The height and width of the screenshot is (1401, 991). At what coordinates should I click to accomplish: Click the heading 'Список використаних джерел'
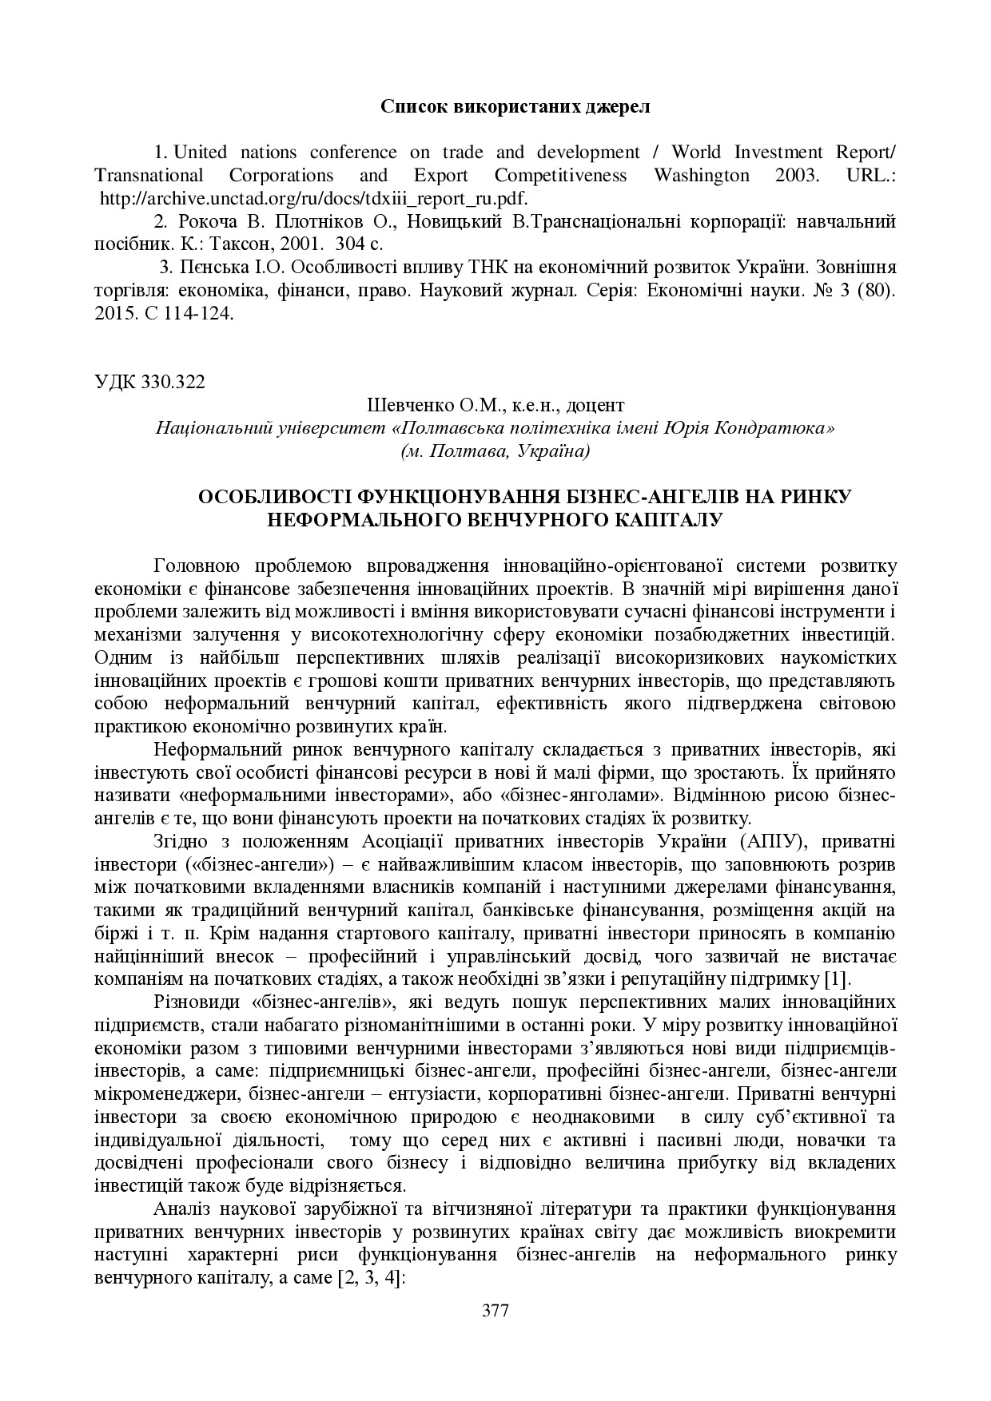pos(515,107)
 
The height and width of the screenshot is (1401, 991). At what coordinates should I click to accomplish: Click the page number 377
pos(495,1310)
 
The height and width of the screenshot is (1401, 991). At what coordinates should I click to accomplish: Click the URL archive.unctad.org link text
pos(313,198)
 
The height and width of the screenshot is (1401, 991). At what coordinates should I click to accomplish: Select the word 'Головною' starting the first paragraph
pos(196,566)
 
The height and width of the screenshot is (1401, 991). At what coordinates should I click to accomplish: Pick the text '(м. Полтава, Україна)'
pos(495,451)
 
